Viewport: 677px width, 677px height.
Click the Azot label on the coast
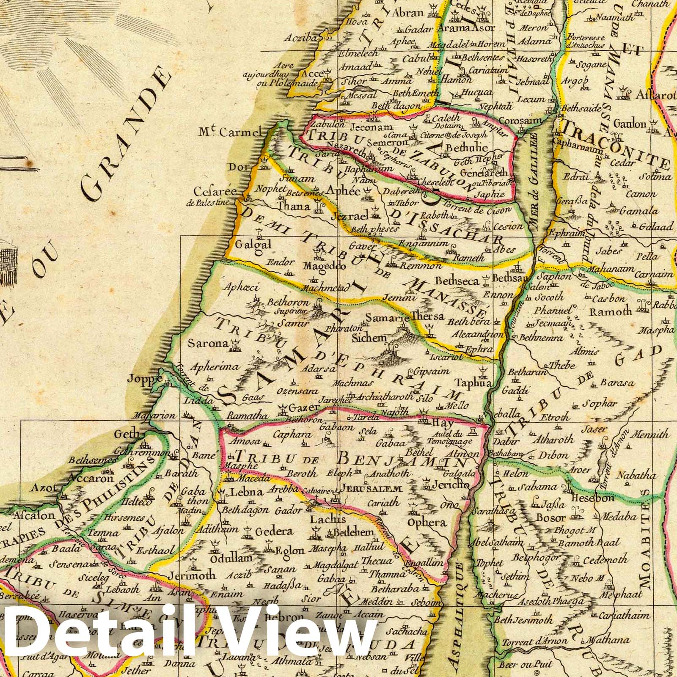pos(43,488)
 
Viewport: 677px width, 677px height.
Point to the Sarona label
pos(208,343)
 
